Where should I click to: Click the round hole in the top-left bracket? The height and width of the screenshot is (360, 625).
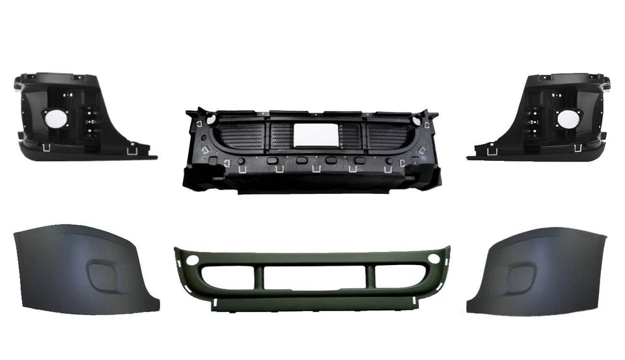pos(55,118)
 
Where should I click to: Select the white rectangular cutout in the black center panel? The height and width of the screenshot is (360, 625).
pos(312,135)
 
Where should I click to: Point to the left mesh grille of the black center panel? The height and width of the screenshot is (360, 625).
pos(242,137)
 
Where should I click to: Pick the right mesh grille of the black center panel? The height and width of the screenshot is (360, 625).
pos(388,137)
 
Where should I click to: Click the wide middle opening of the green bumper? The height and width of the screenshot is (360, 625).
pos(312,278)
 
